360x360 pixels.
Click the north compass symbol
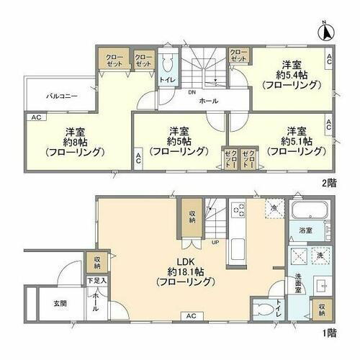click(x=325, y=31)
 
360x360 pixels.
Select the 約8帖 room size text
click(x=71, y=142)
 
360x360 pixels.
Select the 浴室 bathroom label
click(x=305, y=231)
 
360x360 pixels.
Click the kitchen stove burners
click(x=240, y=210)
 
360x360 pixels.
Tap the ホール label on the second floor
click(x=209, y=101)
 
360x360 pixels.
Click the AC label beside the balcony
click(x=34, y=116)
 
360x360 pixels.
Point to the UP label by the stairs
click(x=215, y=241)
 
